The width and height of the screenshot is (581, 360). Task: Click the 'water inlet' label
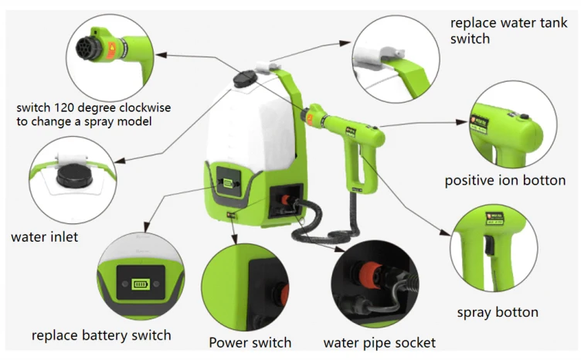(44, 236)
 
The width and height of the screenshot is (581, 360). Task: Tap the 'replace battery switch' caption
(101, 335)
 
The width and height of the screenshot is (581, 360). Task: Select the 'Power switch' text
(250, 342)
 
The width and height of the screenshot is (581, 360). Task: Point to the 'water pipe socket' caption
(379, 342)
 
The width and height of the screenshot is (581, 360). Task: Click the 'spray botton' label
(498, 312)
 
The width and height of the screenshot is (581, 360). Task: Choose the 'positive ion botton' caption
(505, 181)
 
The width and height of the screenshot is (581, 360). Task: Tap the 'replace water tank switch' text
(508, 30)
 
